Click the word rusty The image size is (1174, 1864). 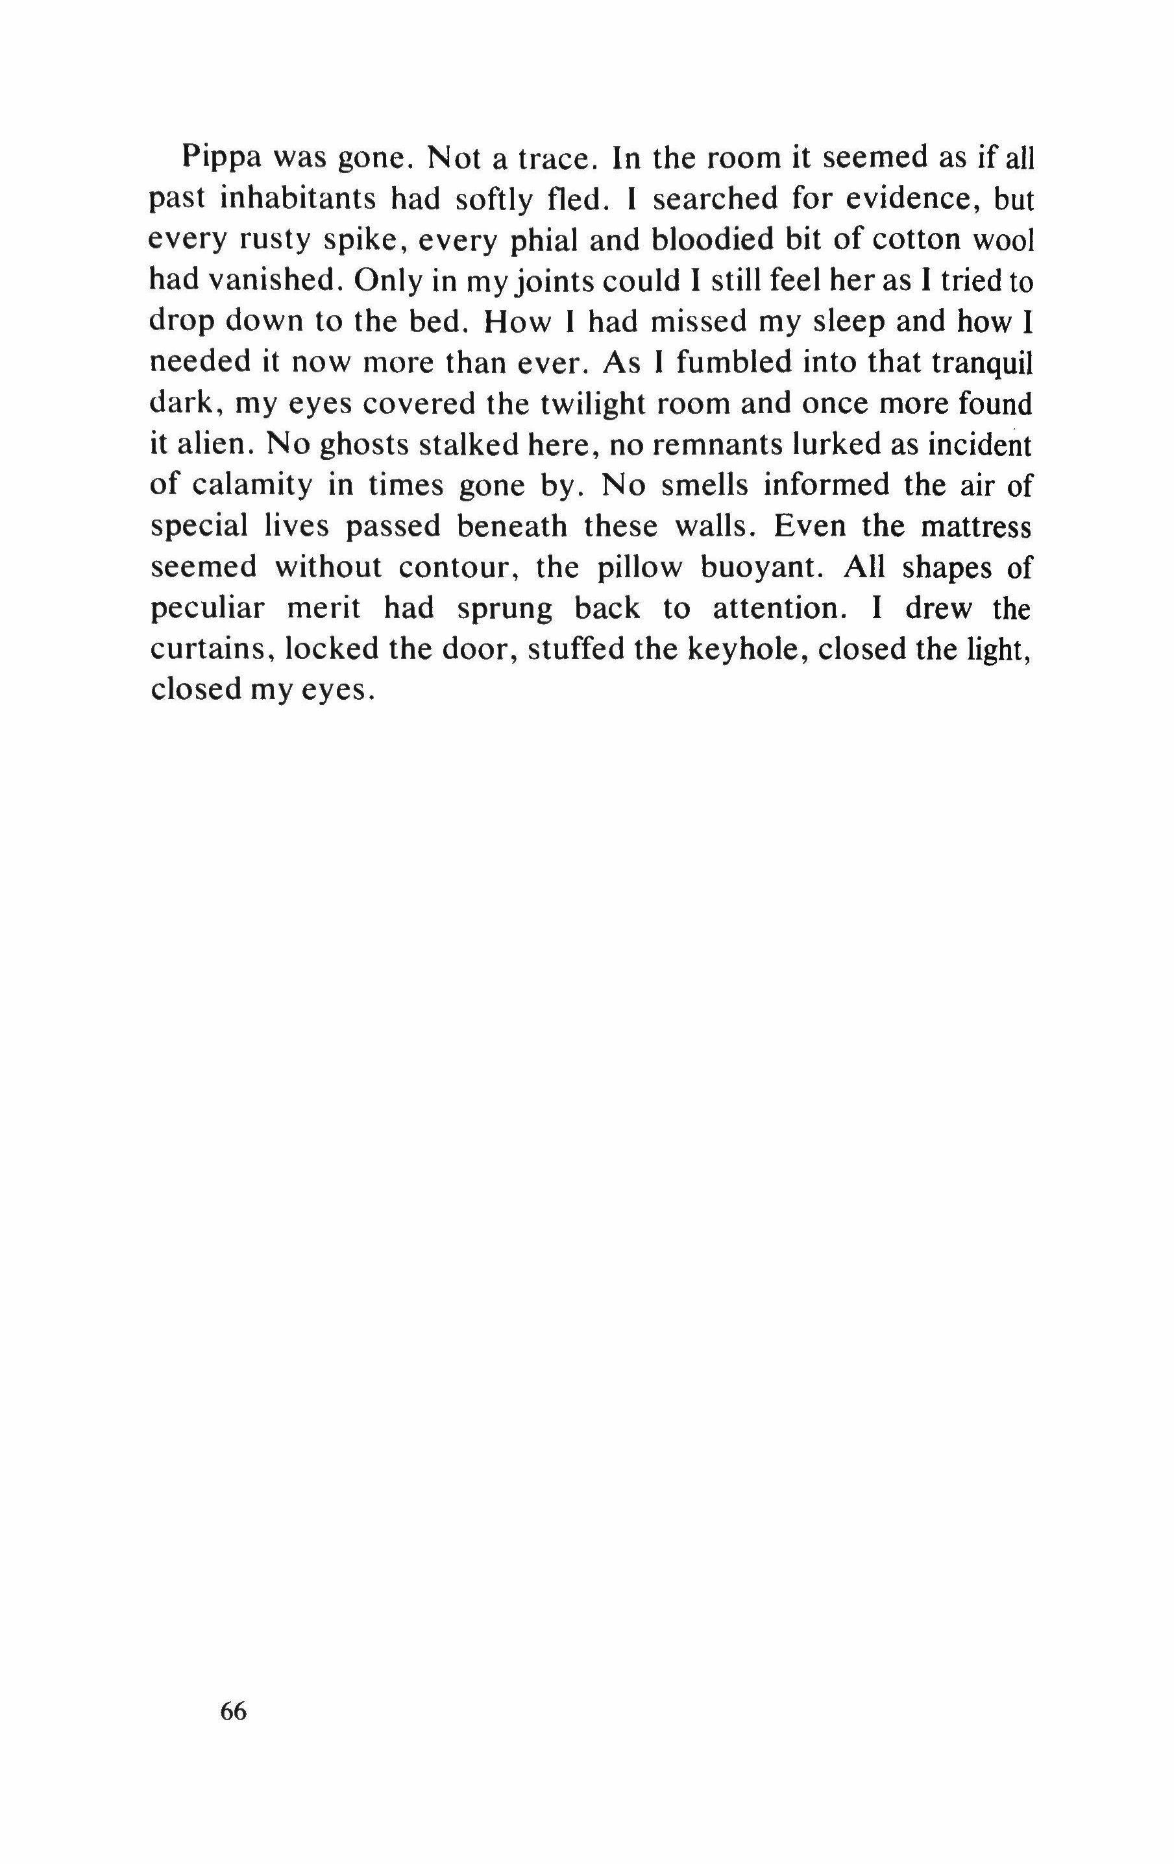tap(276, 241)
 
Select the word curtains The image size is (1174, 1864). tap(212, 649)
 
